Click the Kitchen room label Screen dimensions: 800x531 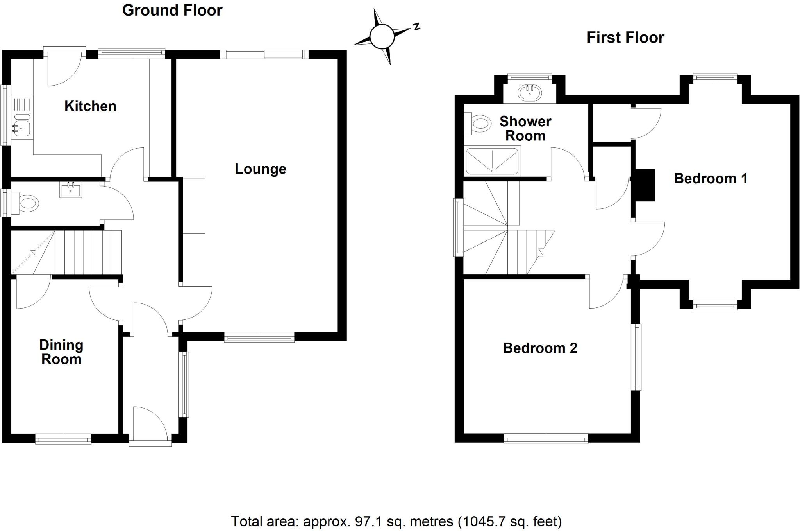pos(90,106)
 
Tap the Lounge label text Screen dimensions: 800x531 pos(261,169)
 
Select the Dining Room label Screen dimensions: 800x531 pos(61,352)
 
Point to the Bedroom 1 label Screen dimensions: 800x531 pos(711,178)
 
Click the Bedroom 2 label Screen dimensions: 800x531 pos(540,348)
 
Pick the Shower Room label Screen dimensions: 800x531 pos(525,128)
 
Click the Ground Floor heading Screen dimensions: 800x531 pos(172,10)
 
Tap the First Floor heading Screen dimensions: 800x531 pos(625,38)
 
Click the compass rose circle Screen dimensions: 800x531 pos(382,37)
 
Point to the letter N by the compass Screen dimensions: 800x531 pos(416,27)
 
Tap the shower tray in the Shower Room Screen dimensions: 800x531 pos(493,161)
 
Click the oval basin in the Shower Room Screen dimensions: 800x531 pos(530,93)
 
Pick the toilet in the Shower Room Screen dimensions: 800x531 pos(477,124)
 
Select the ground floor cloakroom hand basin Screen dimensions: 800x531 pos(71,190)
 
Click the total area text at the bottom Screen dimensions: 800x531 pos(396,521)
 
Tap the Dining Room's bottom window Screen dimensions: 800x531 pos(63,439)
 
